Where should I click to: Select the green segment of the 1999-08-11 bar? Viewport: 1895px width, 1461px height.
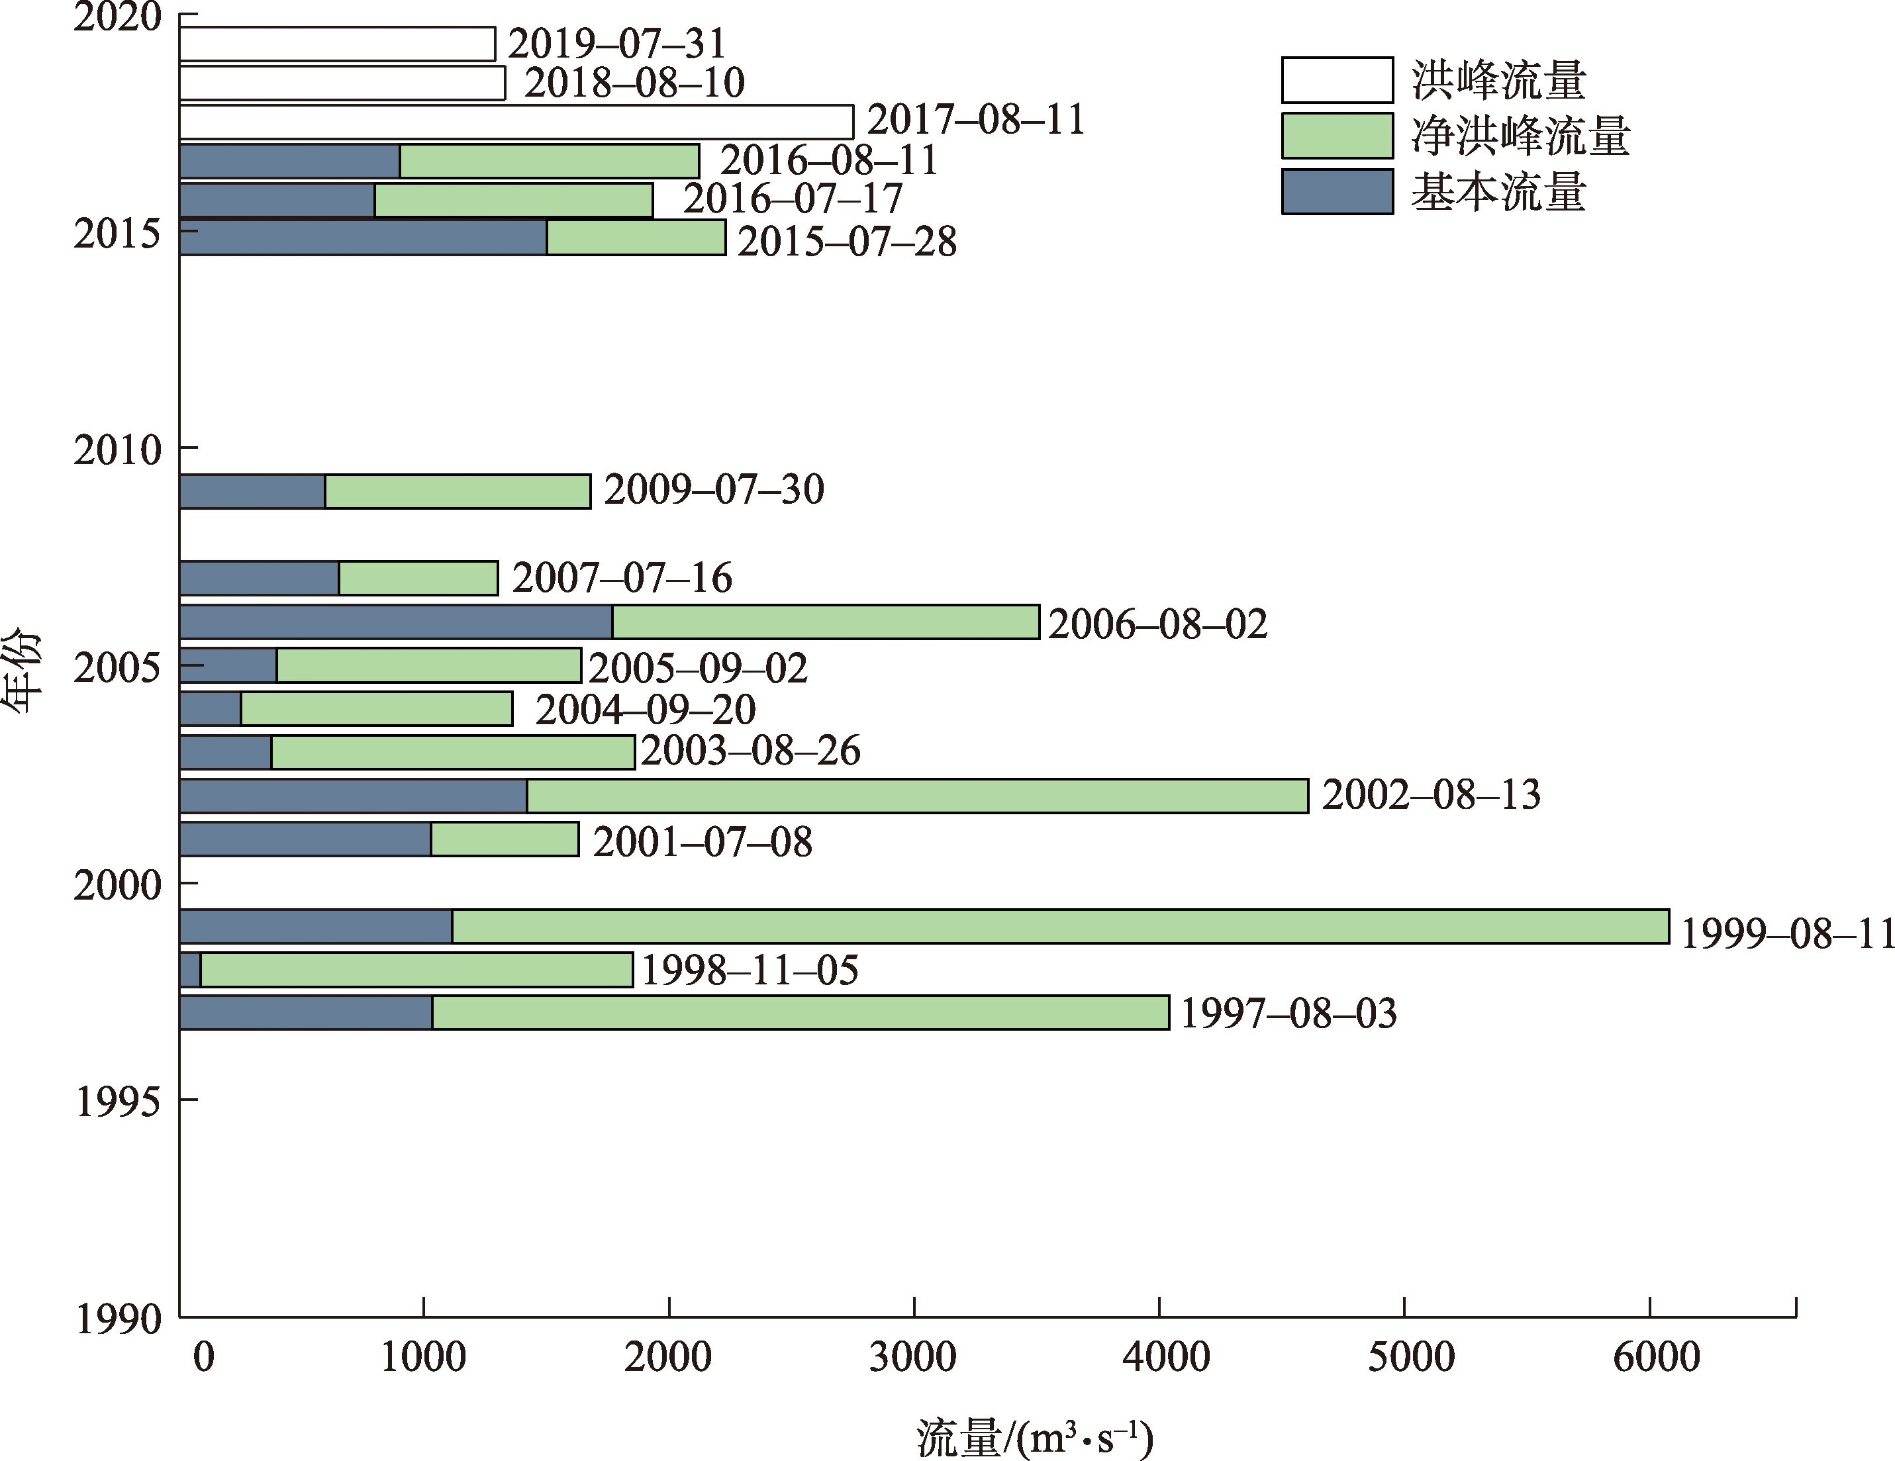(x=1060, y=925)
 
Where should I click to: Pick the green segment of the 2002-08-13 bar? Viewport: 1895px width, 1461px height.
(x=917, y=796)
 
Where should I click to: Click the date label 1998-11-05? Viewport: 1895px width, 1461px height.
(x=750, y=970)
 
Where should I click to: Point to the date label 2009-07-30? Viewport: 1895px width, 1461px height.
(x=713, y=490)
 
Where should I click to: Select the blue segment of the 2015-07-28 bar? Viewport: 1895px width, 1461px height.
(x=363, y=238)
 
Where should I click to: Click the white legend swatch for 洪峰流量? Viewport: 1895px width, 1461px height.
(x=1337, y=80)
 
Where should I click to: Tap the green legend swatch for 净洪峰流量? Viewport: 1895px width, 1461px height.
(x=1337, y=135)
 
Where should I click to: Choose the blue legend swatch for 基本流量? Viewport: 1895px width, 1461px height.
(x=1337, y=191)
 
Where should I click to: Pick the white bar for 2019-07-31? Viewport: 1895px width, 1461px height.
(x=336, y=44)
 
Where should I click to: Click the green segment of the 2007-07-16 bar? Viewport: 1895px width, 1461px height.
(x=418, y=579)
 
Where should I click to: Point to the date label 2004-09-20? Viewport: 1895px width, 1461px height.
(x=645, y=710)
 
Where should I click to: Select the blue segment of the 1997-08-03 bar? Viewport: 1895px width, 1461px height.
(x=305, y=1012)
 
